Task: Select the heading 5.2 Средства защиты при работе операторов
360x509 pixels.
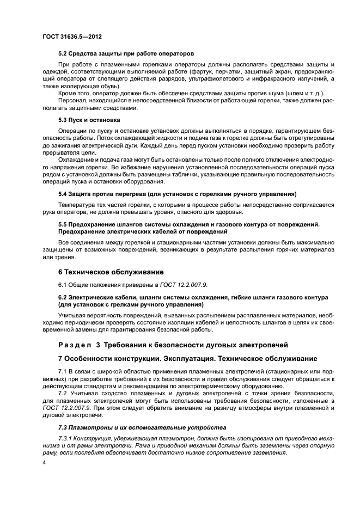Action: pos(126,54)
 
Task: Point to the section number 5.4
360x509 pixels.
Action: pos(63,193)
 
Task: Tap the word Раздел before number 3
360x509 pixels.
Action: pos(77,345)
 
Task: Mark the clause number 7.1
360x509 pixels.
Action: pos(63,371)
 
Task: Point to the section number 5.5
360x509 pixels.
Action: pos(63,224)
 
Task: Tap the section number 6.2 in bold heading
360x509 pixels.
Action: pos(63,297)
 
